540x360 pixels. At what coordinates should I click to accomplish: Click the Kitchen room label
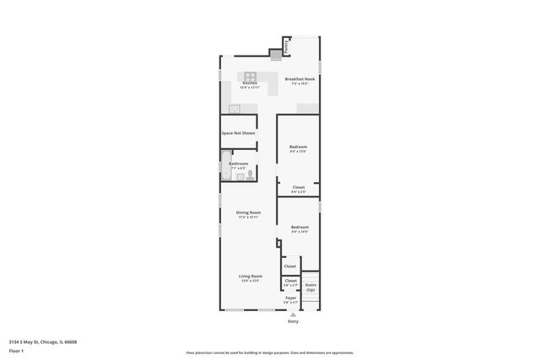250,83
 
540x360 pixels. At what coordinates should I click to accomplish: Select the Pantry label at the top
286,49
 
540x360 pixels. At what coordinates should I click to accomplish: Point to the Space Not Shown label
238,133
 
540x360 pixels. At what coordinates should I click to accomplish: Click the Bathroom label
239,164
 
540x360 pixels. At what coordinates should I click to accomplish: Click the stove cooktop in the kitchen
252,74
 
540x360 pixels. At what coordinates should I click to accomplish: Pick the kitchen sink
235,108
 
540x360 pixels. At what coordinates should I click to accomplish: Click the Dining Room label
248,212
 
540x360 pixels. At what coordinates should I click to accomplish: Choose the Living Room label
250,277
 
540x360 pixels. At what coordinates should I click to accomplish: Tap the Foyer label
290,298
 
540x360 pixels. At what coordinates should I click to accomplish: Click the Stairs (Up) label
310,287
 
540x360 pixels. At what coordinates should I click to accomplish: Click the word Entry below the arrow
293,322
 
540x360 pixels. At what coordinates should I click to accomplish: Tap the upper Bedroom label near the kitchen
299,148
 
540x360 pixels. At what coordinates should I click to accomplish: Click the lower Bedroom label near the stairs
300,227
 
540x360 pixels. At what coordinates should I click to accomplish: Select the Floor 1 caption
17,351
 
